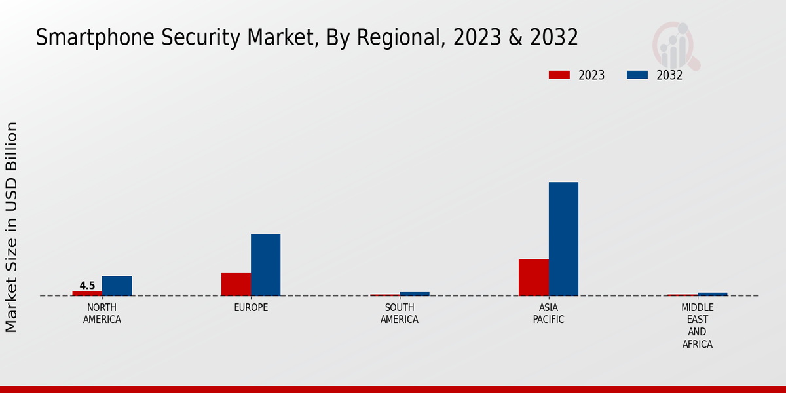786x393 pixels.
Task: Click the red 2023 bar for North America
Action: click(x=87, y=293)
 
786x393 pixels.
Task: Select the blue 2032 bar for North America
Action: click(x=117, y=286)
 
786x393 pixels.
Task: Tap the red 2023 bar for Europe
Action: click(x=236, y=284)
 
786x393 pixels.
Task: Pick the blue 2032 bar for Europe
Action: click(x=265, y=265)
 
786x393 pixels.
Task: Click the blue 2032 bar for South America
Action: click(x=415, y=294)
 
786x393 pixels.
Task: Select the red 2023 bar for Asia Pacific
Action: click(x=533, y=277)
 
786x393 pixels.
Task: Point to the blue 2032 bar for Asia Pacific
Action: click(x=563, y=239)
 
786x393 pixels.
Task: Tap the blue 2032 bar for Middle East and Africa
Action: click(x=712, y=294)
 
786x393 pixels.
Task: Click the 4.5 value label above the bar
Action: click(x=87, y=286)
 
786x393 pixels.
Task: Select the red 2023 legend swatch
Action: click(x=559, y=75)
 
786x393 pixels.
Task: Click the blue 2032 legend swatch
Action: click(x=637, y=75)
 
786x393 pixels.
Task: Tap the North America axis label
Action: click(x=102, y=314)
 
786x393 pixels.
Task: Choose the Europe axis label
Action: click(x=251, y=308)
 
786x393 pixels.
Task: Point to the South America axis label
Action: click(x=400, y=314)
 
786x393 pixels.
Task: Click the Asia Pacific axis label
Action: click(x=548, y=314)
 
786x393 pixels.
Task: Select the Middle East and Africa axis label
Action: click(x=697, y=326)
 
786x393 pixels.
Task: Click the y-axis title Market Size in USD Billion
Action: click(x=12, y=227)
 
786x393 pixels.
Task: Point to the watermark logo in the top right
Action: click(x=675, y=45)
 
